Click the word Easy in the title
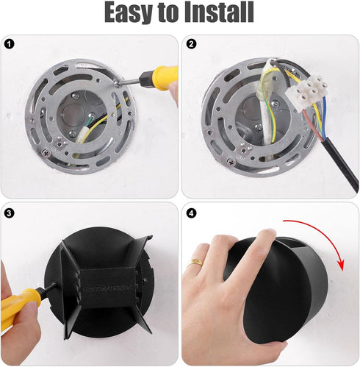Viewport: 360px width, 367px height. point(129,13)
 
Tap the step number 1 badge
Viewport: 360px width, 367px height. point(10,44)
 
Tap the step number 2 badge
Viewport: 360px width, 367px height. point(191,44)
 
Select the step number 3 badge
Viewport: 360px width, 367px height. point(10,213)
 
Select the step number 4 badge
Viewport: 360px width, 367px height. point(191,213)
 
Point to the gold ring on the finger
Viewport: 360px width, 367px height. point(195,262)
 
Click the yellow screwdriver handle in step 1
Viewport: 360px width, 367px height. point(162,76)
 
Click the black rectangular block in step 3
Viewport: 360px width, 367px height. point(107,288)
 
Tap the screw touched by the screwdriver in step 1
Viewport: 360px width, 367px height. point(118,83)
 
